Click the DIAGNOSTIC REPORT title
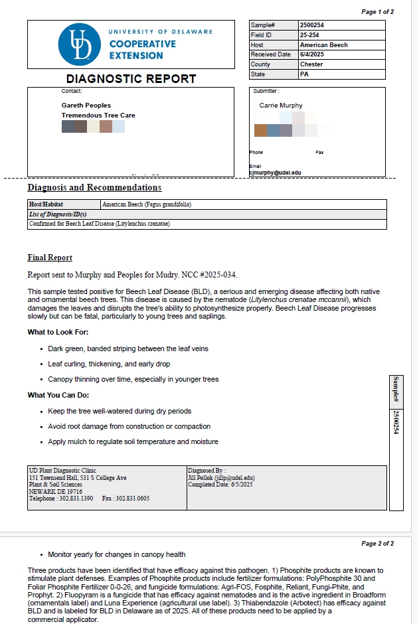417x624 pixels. click(131, 79)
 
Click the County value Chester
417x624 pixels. click(311, 64)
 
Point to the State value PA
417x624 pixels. click(304, 74)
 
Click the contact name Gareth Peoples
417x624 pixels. click(86, 106)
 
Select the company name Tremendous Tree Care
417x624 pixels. click(98, 116)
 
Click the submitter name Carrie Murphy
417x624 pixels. click(280, 106)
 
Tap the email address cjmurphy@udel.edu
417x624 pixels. click(275, 173)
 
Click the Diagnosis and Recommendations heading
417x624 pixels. click(94, 188)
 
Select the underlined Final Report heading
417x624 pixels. click(50, 258)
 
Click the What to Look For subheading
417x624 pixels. click(58, 332)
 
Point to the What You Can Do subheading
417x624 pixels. click(58, 396)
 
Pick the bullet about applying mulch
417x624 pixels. click(133, 441)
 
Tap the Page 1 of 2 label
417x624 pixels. click(377, 12)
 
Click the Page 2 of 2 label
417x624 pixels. click(377, 544)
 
